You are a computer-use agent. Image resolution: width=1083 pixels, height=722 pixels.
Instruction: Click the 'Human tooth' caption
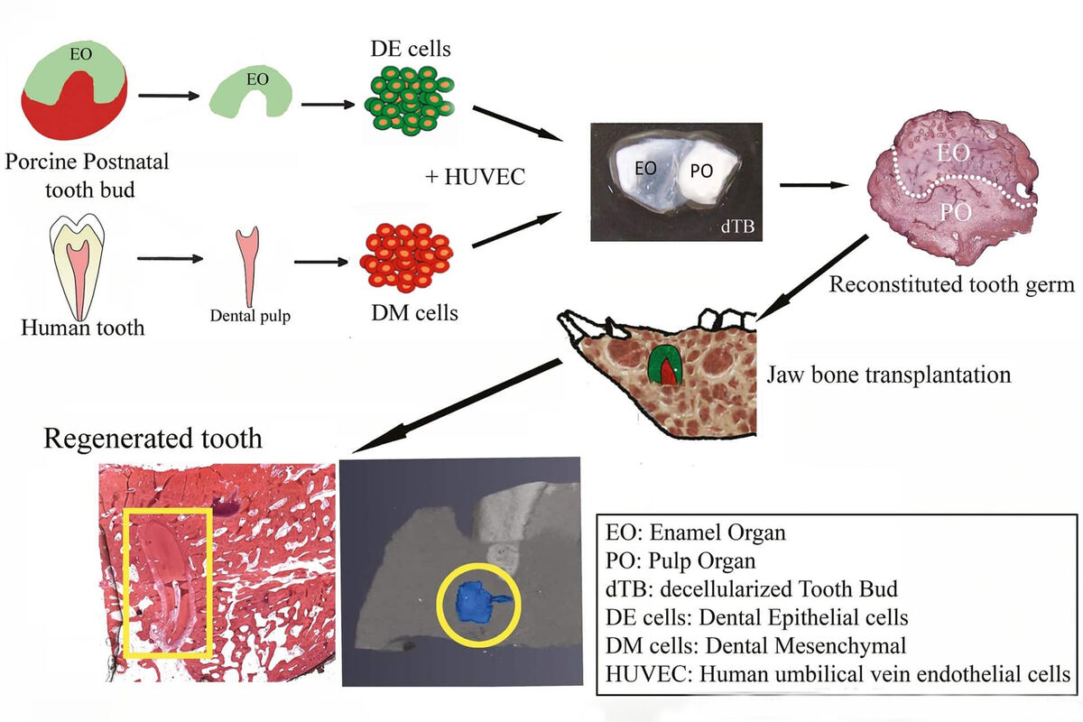coord(83,327)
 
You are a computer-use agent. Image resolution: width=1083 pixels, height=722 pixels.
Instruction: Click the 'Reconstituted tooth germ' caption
coord(951,285)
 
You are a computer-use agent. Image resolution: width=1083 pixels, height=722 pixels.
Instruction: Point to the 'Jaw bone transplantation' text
coord(888,373)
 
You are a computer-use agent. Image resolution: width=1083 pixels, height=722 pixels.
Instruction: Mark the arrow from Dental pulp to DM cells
coord(320,262)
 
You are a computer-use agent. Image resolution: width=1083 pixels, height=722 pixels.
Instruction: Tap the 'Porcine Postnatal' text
coord(87,163)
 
